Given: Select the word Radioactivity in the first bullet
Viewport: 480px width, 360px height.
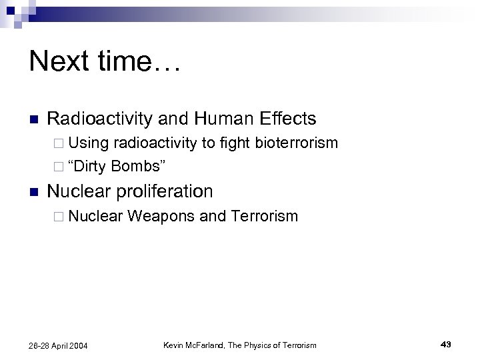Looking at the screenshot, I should [x=100, y=119].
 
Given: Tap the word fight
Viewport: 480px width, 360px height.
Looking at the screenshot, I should [x=234, y=143].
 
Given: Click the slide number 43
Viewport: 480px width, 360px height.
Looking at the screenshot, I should [x=446, y=344].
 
